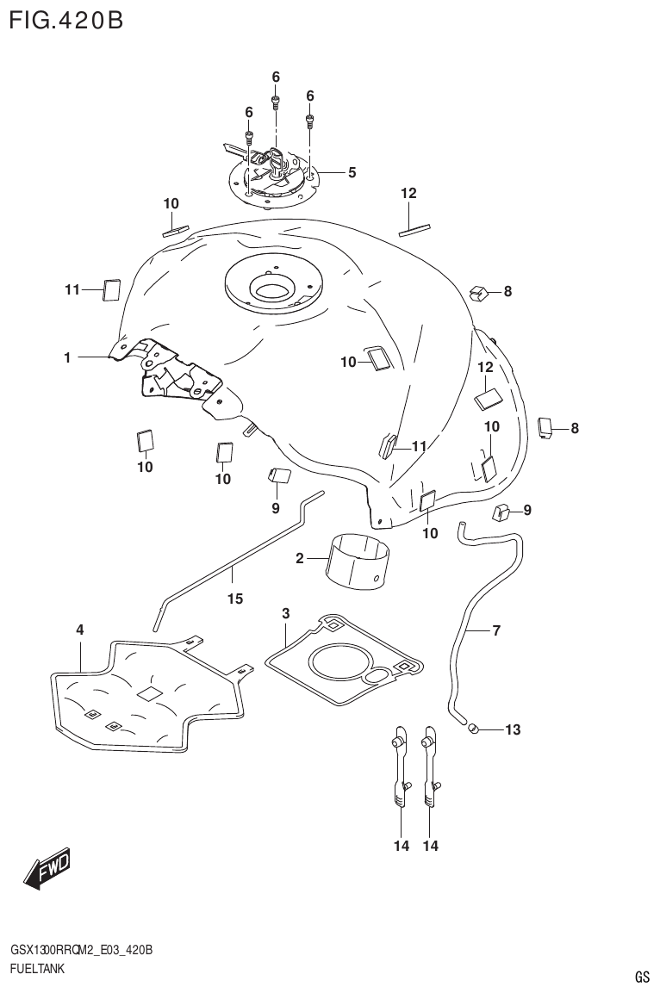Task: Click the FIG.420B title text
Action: [65, 19]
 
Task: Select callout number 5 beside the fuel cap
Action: [352, 173]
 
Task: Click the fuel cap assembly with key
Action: [274, 173]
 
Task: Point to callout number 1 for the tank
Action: [66, 356]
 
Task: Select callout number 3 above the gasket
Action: [286, 613]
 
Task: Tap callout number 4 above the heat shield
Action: [79, 630]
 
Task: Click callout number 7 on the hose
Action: [495, 631]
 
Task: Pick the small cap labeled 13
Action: [472, 730]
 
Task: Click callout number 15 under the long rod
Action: [235, 599]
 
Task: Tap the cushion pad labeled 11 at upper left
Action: [111, 290]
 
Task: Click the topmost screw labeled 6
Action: [276, 102]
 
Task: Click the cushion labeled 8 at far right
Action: [545, 427]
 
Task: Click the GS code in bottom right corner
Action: [641, 977]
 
